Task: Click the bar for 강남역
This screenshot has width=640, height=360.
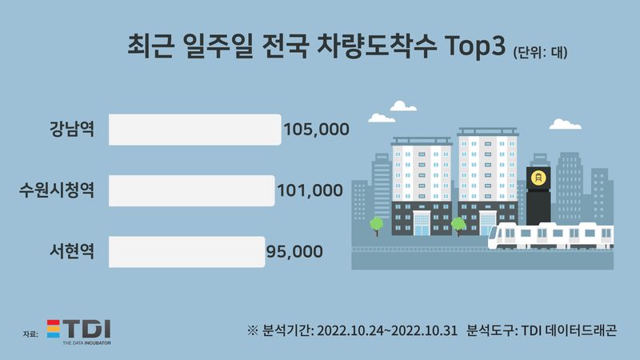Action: click(194, 130)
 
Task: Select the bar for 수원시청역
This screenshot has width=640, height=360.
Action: click(191, 190)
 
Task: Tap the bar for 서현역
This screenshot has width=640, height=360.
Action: click(186, 252)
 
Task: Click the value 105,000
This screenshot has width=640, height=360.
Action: click(316, 130)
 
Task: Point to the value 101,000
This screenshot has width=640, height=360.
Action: click(310, 190)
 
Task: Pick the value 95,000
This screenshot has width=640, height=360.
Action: click(294, 252)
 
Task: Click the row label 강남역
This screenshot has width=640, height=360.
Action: click(72, 129)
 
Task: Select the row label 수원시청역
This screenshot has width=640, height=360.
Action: click(57, 190)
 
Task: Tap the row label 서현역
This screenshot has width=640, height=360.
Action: click(72, 251)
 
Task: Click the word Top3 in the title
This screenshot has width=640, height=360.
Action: click(475, 46)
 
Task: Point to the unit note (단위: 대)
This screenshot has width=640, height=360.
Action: click(540, 52)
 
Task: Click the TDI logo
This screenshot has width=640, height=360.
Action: click(79, 332)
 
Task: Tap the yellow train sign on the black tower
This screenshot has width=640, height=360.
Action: click(538, 178)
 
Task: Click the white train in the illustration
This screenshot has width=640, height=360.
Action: click(550, 235)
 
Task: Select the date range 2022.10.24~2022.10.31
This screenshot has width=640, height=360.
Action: click(387, 330)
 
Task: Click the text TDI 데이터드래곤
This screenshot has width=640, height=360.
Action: click(569, 330)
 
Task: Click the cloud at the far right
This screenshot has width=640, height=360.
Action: click(566, 125)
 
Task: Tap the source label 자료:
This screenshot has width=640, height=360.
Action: click(30, 334)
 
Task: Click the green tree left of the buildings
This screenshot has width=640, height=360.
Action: click(376, 226)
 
